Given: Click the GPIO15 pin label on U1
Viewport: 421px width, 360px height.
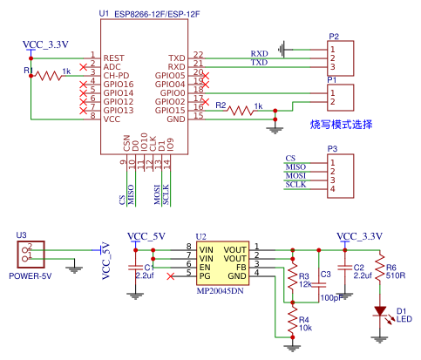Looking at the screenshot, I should (x=170, y=109).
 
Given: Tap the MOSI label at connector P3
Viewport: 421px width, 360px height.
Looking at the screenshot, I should (x=296, y=176).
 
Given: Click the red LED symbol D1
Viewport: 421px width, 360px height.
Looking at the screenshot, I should (x=379, y=309).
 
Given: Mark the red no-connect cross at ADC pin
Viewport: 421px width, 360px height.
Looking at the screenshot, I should (x=84, y=65).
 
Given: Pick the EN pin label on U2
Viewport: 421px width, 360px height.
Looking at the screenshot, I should (x=205, y=267).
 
